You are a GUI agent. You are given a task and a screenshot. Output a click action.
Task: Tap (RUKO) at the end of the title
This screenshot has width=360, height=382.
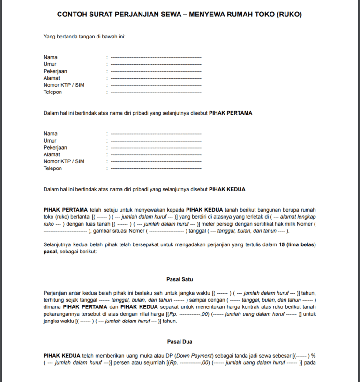[x=289, y=15]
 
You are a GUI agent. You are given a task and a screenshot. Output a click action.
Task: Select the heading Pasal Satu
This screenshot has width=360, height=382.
[x=180, y=279]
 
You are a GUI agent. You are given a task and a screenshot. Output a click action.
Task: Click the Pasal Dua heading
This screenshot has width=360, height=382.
[x=180, y=342]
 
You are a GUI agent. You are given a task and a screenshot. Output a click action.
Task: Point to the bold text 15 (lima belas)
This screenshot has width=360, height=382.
[x=297, y=245]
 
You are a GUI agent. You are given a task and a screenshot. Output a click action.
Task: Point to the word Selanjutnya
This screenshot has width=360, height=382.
[x=58, y=245]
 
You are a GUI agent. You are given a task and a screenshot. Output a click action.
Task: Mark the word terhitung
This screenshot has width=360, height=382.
[x=55, y=300]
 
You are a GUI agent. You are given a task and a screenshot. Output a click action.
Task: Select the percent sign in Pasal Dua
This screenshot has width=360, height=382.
[x=313, y=355]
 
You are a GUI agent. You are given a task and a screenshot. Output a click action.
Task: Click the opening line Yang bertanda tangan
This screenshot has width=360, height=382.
[x=84, y=36]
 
